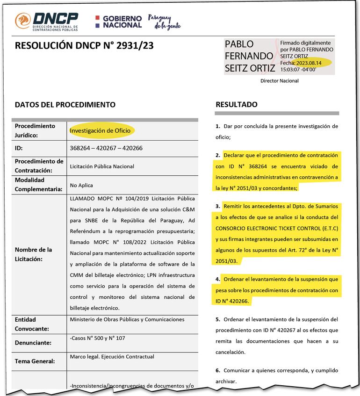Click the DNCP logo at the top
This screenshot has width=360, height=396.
(47, 21)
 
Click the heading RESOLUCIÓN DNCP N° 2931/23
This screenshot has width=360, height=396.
(84, 46)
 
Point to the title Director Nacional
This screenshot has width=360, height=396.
(279, 81)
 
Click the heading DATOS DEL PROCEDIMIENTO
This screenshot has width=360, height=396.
(65, 105)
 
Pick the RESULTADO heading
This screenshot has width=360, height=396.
(237, 105)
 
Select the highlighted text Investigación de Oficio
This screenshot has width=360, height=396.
(100, 130)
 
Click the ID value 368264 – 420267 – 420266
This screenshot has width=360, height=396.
(106, 148)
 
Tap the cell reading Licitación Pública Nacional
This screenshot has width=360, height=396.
(102, 166)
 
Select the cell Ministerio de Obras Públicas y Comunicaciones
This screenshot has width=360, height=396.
(127, 320)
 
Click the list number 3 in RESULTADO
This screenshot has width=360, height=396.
(218, 206)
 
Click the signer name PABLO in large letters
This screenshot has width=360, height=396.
(239, 44)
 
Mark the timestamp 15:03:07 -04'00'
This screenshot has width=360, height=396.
(298, 69)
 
